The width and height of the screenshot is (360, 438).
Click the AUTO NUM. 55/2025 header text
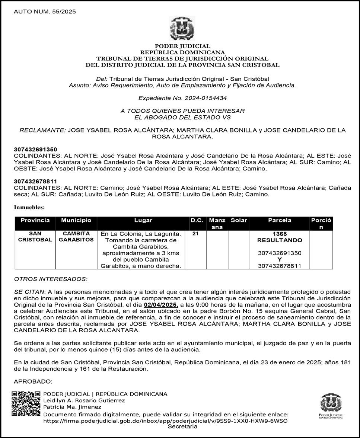[x=45, y=12]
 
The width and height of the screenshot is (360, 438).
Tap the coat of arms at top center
[x=182, y=28]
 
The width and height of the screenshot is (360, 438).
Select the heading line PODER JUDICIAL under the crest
[x=182, y=46]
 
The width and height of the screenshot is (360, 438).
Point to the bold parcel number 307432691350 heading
[x=36, y=149]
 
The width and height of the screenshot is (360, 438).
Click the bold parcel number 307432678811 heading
[x=36, y=182]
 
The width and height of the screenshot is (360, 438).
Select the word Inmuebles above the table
[x=29, y=207]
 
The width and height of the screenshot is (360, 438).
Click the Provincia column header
[x=35, y=220]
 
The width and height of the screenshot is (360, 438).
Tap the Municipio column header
[x=76, y=220]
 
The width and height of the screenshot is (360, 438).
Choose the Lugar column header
[x=143, y=220]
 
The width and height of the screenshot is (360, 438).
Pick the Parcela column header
[x=280, y=220]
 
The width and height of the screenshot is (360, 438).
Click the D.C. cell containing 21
[x=195, y=234]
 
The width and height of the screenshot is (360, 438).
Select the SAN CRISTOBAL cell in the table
[x=35, y=237]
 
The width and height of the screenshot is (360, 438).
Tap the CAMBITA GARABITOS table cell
[x=76, y=237]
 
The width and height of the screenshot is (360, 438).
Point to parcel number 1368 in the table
[x=280, y=234]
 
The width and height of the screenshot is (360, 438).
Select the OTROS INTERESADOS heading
[x=51, y=279]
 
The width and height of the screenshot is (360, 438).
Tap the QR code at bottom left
[x=26, y=403]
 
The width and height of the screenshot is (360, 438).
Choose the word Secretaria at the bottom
[x=182, y=426]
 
